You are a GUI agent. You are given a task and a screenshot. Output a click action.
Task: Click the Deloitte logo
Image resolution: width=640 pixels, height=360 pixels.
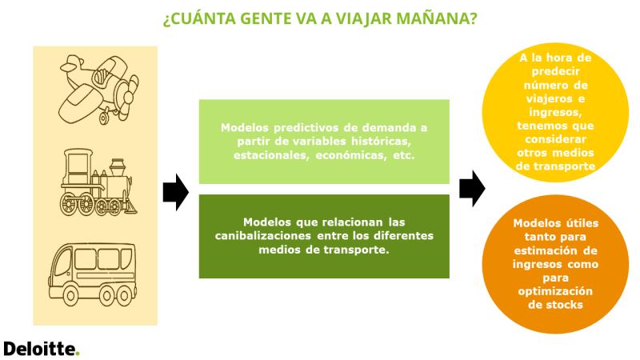point(42,350)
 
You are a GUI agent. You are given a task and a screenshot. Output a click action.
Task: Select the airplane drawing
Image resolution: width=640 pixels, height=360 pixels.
point(98,90)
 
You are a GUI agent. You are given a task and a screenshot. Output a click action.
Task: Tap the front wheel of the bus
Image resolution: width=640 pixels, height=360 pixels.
point(70,296)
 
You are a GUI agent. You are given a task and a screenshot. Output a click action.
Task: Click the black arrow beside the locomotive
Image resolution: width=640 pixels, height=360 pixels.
point(176,192)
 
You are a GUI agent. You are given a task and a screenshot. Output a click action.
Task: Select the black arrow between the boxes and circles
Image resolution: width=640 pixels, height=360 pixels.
point(472,189)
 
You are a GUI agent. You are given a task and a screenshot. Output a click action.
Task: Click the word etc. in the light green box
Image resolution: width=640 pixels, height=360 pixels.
point(404,155)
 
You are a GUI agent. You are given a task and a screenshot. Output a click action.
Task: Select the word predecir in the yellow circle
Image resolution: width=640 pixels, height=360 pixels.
point(555,72)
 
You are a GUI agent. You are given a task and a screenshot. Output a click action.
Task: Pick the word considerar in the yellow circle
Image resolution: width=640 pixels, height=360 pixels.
point(555,139)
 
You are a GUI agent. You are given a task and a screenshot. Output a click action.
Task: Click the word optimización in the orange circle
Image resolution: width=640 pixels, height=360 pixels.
point(555,291)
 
